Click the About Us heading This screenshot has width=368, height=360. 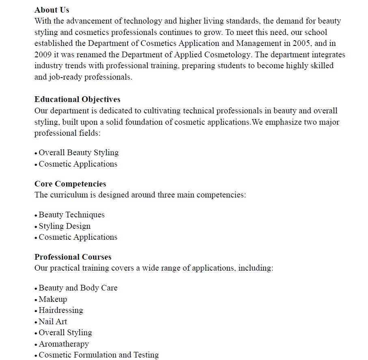[52, 10]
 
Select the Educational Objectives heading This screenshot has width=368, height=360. [77, 100]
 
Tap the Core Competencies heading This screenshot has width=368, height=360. [70, 184]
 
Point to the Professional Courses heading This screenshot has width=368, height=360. [73, 257]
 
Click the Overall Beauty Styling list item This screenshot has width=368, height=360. [78, 153]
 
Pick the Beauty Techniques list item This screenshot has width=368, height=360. [71, 215]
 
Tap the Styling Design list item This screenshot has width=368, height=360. [65, 226]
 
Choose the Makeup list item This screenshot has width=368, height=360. [53, 299]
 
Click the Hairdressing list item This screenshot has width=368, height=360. [61, 310]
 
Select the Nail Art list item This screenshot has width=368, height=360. [53, 321]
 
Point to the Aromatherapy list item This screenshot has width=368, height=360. [63, 344]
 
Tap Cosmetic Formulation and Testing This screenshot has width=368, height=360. [99, 355]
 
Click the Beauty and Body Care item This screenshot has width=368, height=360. [78, 288]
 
